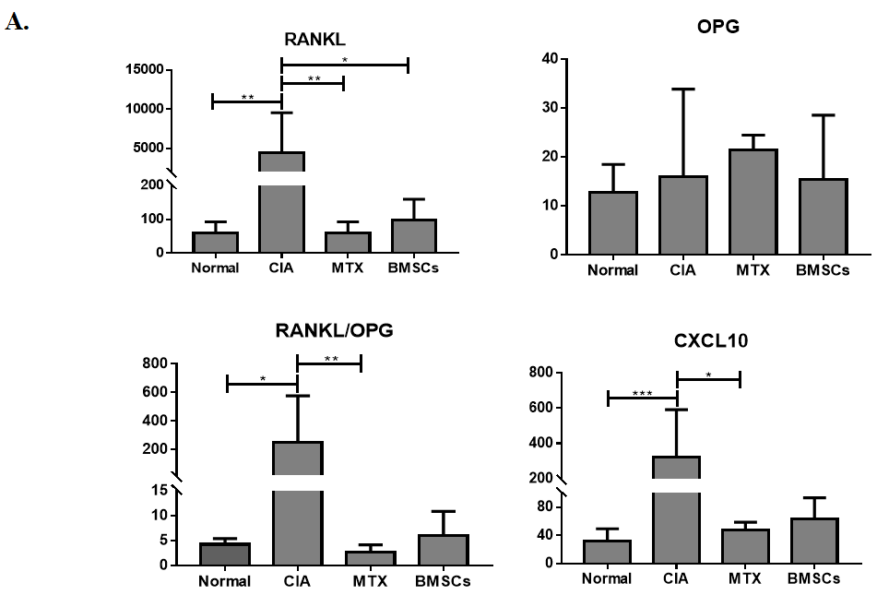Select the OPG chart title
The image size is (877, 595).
coord(718,27)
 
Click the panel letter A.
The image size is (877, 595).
coord(16,22)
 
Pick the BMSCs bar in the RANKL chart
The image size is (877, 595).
coord(413,235)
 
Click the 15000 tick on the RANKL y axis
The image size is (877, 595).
coord(145,70)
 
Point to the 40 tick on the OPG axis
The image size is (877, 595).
coord(549,59)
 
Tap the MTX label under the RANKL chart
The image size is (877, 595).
coord(343,268)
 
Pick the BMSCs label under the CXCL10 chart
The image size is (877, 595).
coord(813,578)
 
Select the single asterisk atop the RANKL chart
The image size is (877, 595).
coord(344,60)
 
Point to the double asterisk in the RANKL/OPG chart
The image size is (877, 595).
coord(329,358)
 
